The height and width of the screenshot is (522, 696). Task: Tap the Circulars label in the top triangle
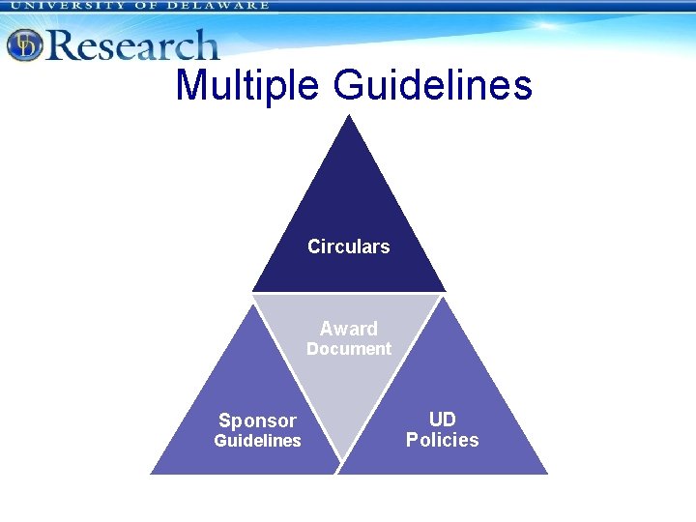[348, 246]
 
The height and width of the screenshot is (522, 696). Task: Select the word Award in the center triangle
[348, 329]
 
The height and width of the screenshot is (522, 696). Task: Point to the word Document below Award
[348, 349]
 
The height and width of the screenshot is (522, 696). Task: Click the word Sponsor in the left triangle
[257, 420]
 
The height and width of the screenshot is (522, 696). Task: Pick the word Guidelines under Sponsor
[257, 441]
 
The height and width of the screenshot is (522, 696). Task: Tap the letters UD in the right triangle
[442, 420]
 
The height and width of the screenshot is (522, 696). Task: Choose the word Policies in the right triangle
[442, 440]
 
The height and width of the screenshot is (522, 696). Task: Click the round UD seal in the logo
[24, 44]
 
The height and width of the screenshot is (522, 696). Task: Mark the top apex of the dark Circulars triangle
[349, 116]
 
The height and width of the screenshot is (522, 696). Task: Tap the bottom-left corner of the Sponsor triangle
[151, 473]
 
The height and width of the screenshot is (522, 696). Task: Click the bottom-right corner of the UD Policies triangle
[547, 473]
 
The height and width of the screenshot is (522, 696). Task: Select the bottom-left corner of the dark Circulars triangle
[252, 290]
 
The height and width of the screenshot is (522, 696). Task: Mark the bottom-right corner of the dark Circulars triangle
[445, 290]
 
